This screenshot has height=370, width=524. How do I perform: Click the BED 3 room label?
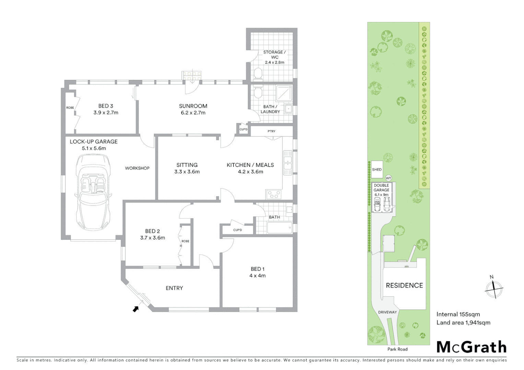pyautogui.click(x=106, y=106)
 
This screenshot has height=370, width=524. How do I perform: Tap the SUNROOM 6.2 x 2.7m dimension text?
pyautogui.click(x=193, y=113)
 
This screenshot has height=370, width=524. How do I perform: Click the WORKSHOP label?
pyautogui.click(x=137, y=168)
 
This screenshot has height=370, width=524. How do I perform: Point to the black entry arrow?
pyautogui.click(x=136, y=309)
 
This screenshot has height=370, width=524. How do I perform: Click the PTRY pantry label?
pyautogui.click(x=271, y=131)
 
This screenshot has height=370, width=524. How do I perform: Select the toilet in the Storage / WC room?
pyautogui.click(x=258, y=73)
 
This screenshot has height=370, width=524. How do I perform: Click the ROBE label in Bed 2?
pyautogui.click(x=185, y=241)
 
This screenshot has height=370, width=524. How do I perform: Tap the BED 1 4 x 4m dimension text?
pyautogui.click(x=258, y=275)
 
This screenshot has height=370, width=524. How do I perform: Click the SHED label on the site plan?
pyautogui.click(x=377, y=170)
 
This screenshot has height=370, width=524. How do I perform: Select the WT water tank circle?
pyautogui.click(x=388, y=178)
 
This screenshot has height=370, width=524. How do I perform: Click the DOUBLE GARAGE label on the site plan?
pyautogui.click(x=381, y=188)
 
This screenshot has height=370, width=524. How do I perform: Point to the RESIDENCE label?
pyautogui.click(x=404, y=285)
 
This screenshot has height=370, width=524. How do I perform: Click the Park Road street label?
pyautogui.click(x=397, y=349)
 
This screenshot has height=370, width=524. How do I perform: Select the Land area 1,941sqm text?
pyautogui.click(x=463, y=322)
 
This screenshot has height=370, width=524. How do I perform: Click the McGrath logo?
pyautogui.click(x=472, y=347)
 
